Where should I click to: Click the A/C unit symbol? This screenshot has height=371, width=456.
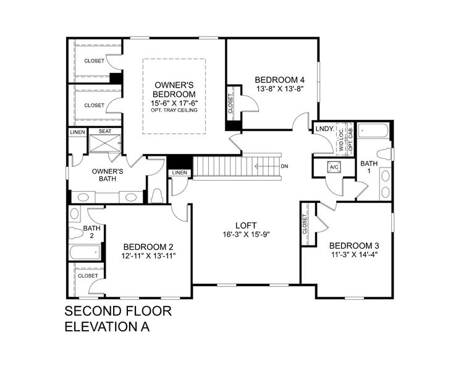tap(334, 167)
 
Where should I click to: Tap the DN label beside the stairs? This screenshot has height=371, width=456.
tap(284, 166)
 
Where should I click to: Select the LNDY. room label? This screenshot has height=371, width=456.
tap(324, 129)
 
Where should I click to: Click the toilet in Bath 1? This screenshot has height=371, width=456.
tap(384, 155)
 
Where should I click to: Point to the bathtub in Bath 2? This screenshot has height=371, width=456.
tap(85, 252)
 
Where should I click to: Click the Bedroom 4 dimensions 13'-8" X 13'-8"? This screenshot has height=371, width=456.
tap(280, 89)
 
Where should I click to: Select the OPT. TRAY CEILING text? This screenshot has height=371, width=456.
tap(174, 110)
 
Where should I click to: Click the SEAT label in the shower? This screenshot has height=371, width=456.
tap(105, 131)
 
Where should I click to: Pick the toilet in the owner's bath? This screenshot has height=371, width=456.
tap(158, 195)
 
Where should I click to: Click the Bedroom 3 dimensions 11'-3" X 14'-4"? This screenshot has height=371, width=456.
tap(354, 255)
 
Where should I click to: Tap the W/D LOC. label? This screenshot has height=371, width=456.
tap(341, 140)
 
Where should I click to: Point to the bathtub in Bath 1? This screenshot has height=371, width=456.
tap(373, 131)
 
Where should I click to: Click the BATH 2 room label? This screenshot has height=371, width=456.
tap(91, 232)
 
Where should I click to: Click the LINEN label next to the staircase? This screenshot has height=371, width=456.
tap(179, 173)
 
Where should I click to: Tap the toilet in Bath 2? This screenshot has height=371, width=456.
tap(76, 233)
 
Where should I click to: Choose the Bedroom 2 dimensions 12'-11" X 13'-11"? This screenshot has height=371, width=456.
tap(148, 256)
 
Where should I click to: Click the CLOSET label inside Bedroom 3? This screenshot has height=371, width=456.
tap(305, 224)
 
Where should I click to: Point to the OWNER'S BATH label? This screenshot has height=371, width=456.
tap(108, 175)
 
